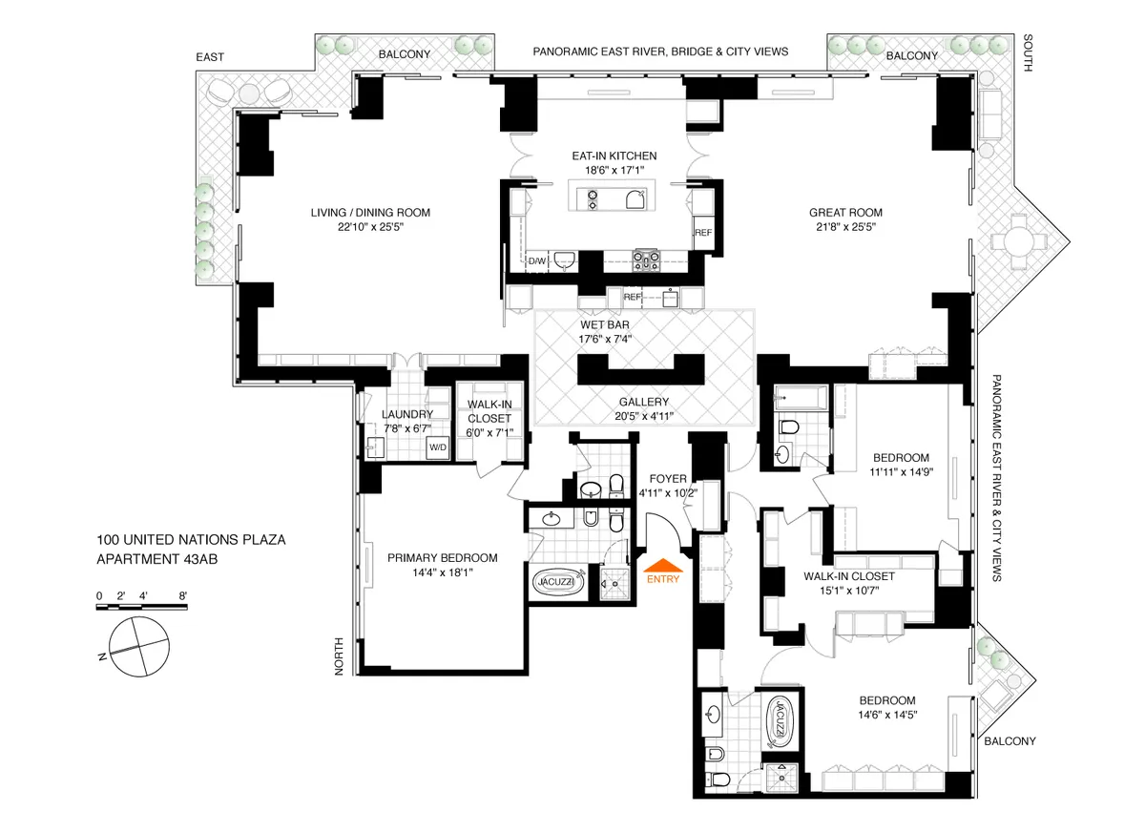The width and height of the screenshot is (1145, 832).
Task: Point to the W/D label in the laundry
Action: tap(439, 447)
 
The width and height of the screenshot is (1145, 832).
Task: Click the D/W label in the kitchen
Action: tap(537, 260)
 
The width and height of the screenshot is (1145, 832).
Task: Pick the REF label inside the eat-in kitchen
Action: tap(702, 233)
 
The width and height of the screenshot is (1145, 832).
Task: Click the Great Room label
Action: tap(845, 213)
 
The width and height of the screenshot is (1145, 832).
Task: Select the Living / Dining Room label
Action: tap(369, 213)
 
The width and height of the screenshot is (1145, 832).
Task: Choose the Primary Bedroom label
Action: tap(442, 558)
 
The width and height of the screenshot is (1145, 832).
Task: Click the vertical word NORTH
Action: tap(339, 657)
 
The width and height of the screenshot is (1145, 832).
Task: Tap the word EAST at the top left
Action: tap(210, 57)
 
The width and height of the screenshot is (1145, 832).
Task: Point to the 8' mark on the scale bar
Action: tap(182, 595)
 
